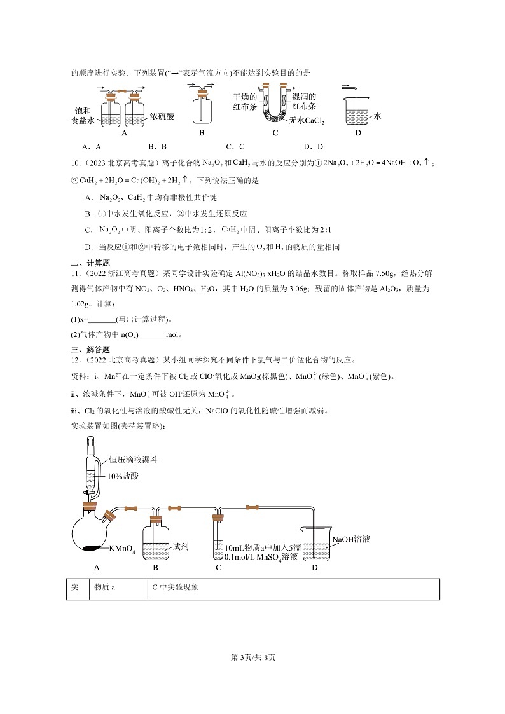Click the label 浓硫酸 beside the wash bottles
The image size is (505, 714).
coord(166,117)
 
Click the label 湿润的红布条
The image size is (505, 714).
coord(304,102)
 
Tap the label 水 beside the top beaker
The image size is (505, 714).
coord(378,116)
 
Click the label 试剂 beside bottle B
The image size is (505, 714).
coord(180,546)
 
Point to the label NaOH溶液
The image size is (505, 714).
coord(351,539)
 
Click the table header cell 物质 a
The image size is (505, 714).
coord(105,588)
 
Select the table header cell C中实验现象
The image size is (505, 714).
coord(176,588)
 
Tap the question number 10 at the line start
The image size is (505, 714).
coord(74,164)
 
